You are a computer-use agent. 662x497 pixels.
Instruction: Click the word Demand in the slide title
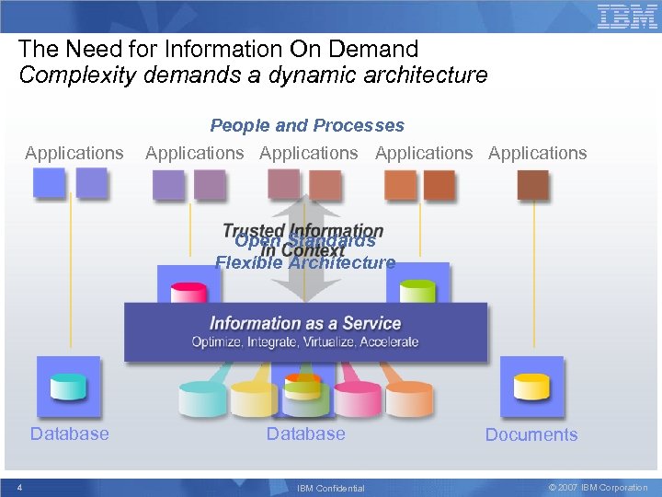(376, 49)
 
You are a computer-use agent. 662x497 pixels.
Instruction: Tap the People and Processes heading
(307, 125)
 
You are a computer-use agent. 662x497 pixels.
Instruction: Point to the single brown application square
(532, 184)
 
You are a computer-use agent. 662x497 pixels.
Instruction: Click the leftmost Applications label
(74, 153)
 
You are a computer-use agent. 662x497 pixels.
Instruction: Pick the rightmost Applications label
(538, 153)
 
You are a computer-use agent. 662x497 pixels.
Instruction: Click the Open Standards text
(305, 242)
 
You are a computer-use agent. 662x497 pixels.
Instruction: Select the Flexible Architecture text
(305, 263)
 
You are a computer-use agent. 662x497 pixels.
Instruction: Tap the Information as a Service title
(305, 323)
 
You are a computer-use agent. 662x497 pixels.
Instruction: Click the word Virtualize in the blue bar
(334, 342)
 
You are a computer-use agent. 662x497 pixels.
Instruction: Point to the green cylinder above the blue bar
(417, 290)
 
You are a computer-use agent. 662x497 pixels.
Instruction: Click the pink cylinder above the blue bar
(188, 292)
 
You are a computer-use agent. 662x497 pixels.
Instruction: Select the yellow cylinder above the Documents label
(531, 387)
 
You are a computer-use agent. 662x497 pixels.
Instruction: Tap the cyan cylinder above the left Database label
(69, 387)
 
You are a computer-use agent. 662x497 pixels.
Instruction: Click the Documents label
(531, 435)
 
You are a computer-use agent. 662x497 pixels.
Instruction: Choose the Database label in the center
(306, 433)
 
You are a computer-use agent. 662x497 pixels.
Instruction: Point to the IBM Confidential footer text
(331, 488)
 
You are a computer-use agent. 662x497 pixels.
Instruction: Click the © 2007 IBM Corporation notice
(598, 488)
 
